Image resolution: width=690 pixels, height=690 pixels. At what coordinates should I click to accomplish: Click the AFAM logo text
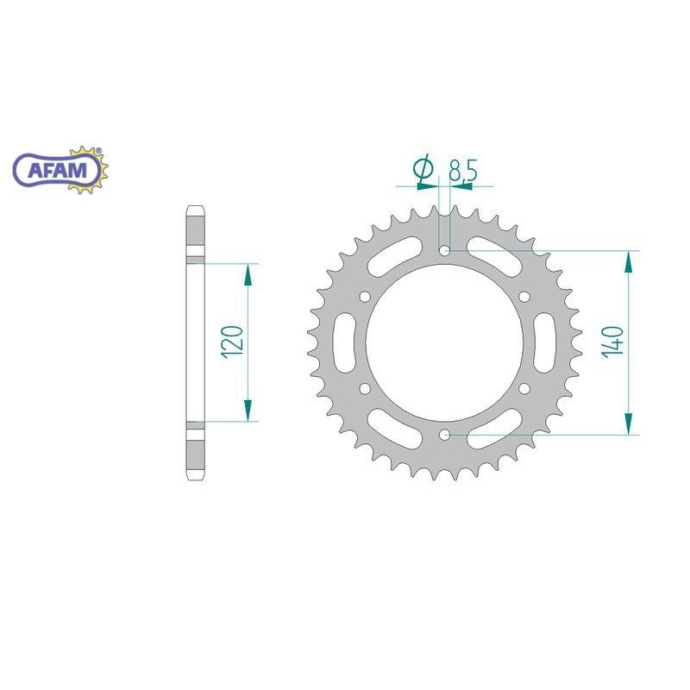(x=58, y=170)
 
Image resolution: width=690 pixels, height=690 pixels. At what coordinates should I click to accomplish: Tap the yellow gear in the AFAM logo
(x=91, y=169)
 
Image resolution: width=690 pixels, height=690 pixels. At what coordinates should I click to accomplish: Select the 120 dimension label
(x=233, y=342)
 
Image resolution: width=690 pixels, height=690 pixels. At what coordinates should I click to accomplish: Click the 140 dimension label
(x=614, y=342)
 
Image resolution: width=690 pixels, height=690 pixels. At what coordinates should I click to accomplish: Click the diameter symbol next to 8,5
(x=423, y=169)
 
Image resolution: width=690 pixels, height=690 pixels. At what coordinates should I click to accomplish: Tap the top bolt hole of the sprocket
(x=445, y=250)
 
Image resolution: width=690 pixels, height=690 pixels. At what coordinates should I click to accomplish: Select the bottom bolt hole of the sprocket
(x=445, y=435)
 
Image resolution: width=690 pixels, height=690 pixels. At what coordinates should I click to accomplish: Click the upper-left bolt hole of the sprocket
(x=365, y=297)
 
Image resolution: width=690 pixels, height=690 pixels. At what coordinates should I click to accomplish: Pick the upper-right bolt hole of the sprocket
(x=524, y=297)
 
